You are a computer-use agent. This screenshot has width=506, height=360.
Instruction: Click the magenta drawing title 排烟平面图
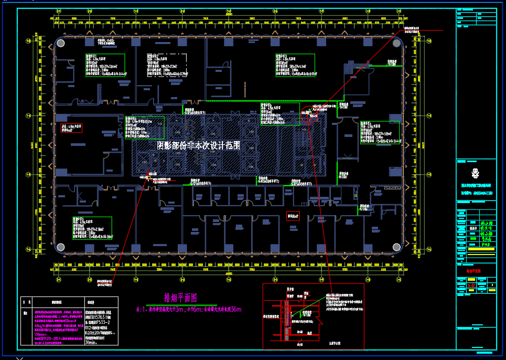(x=180, y=298)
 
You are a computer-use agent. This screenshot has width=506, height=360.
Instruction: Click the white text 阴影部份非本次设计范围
(x=199, y=145)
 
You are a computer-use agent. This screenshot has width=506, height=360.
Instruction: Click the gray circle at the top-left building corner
(x=61, y=43)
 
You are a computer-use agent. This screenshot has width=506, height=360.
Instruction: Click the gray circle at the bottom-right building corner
(x=396, y=247)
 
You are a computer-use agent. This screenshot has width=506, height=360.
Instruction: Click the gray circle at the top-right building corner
(x=396, y=43)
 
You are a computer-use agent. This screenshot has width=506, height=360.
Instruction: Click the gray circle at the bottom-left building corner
(x=61, y=247)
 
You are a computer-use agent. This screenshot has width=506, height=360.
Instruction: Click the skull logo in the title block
(x=476, y=172)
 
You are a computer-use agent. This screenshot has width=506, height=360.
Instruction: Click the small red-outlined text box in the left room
(x=71, y=128)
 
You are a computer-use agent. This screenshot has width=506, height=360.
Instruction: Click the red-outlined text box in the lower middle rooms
(x=293, y=215)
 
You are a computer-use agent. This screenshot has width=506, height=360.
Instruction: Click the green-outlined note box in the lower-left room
(x=92, y=228)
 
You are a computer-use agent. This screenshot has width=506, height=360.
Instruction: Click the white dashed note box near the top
(x=167, y=65)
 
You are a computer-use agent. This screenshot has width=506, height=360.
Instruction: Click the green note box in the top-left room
(x=105, y=65)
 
